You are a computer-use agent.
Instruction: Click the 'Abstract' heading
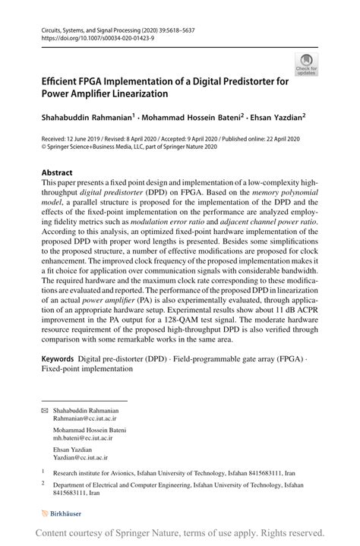(57, 172)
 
